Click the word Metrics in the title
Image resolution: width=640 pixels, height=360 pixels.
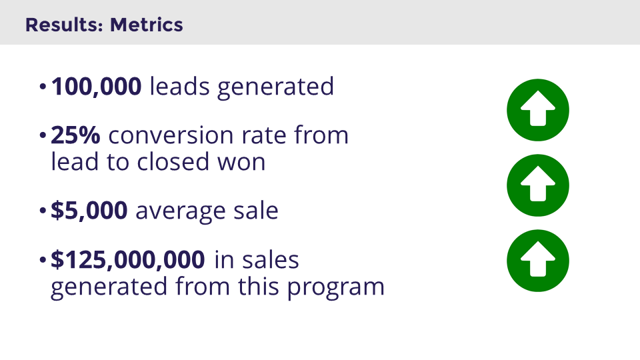pyautogui.click(x=146, y=25)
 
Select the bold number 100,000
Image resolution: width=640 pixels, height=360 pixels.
pyautogui.click(x=96, y=86)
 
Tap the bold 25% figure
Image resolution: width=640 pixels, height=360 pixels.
pyautogui.click(x=75, y=135)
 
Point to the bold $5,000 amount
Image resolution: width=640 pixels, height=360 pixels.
pyautogui.click(x=89, y=211)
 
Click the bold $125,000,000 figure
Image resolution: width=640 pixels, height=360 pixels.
pyautogui.click(x=127, y=260)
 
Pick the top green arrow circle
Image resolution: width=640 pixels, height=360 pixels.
pyautogui.click(x=538, y=110)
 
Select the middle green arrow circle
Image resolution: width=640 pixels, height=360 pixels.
pyautogui.click(x=538, y=185)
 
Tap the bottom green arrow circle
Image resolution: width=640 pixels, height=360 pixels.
pyautogui.click(x=538, y=260)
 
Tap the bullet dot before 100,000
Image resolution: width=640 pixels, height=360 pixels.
pyautogui.click(x=43, y=87)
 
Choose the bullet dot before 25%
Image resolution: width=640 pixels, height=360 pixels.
pyautogui.click(x=43, y=137)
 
